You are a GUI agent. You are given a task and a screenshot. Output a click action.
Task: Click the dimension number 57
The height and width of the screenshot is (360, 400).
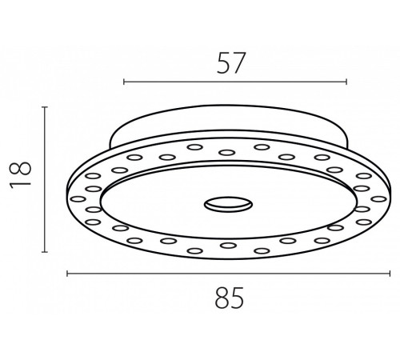click(x=230, y=63)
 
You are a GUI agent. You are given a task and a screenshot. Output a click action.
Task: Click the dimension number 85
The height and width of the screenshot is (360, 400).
click(x=230, y=298)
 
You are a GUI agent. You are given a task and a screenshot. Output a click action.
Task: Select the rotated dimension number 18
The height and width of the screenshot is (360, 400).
click(x=21, y=174)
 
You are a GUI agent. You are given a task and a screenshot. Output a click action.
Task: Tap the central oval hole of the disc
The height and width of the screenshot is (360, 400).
click(x=228, y=205)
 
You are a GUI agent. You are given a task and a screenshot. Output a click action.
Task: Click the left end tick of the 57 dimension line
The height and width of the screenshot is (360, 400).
click(x=124, y=82)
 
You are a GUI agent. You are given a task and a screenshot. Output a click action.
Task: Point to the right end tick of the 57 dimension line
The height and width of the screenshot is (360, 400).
click(x=346, y=82)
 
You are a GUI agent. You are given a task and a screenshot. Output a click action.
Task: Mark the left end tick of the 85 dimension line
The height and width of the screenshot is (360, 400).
click(x=67, y=274)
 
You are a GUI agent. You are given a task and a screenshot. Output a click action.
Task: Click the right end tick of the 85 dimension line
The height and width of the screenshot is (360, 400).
click(x=390, y=274)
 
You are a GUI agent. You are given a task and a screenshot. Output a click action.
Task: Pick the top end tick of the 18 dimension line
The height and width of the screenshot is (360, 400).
click(x=45, y=107)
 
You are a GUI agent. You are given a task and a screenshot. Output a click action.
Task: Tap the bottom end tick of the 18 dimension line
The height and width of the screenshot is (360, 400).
click(x=45, y=251)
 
